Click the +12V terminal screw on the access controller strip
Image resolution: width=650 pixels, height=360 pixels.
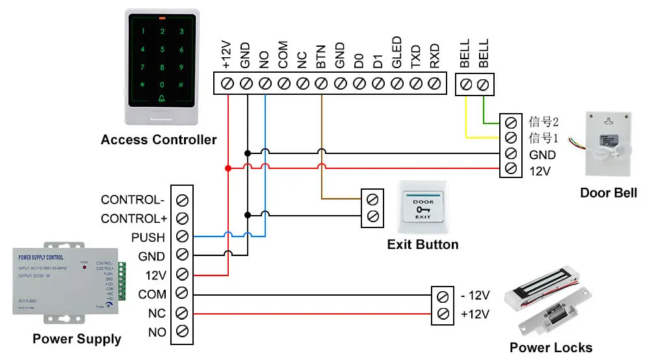click(227, 83)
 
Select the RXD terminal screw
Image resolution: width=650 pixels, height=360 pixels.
click(435, 83)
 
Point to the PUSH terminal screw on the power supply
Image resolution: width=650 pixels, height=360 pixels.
click(183, 237)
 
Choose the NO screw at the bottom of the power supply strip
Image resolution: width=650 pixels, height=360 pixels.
click(183, 331)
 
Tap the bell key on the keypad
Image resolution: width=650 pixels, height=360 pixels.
click(162, 99)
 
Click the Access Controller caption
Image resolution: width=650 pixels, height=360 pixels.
click(159, 140)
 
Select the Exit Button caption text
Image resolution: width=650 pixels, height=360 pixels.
click(422, 245)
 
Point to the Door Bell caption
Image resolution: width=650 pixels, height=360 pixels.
click(608, 193)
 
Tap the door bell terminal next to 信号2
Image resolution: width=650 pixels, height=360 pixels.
click(510, 122)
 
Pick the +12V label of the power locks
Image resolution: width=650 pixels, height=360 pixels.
click(474, 315)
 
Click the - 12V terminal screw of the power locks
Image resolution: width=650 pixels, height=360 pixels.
click(443, 296)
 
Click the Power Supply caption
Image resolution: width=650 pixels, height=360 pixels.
click(77, 339)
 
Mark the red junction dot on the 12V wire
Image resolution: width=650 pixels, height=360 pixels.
click(227, 168)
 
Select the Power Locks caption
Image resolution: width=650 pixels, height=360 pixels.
click(551, 348)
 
